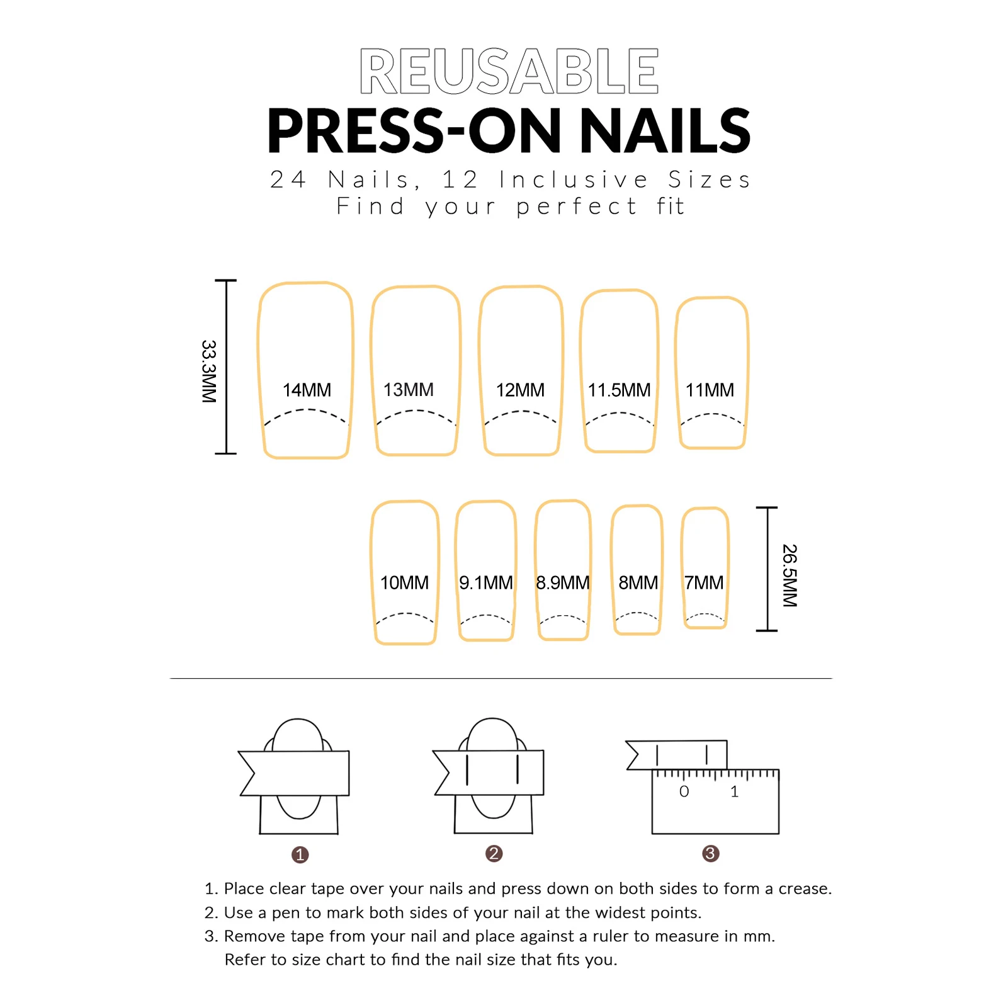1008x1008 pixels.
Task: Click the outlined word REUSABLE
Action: (509, 71)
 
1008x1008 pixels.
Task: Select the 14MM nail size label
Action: (307, 390)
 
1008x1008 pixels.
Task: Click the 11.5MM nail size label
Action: (619, 390)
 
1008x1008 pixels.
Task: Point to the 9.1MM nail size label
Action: (485, 583)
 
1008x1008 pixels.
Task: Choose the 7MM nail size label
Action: (704, 583)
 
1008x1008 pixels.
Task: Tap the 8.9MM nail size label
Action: (562, 583)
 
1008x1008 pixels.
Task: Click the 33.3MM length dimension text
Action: (209, 371)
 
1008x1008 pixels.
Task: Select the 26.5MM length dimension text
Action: (790, 575)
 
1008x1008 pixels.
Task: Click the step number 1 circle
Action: (300, 854)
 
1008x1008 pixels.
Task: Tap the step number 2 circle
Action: (494, 854)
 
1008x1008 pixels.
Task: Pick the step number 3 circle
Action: (710, 854)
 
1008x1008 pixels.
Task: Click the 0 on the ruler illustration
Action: (684, 792)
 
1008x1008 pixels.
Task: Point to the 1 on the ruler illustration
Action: (734, 792)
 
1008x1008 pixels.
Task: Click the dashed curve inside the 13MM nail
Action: (416, 412)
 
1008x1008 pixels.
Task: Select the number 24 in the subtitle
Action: (288, 180)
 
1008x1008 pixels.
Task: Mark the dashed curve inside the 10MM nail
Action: (405, 615)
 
